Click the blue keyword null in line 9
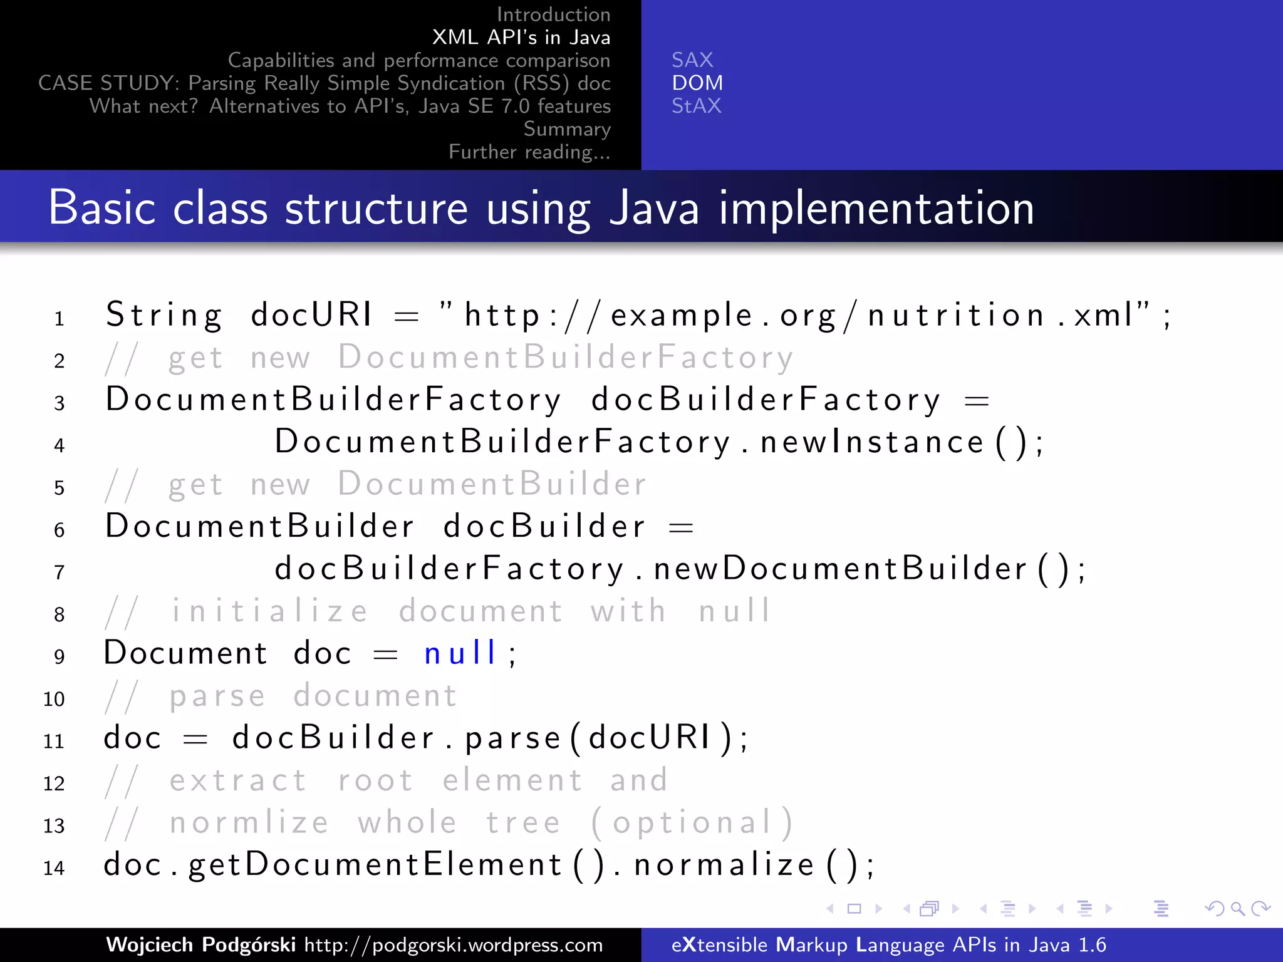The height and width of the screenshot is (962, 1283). click(x=460, y=653)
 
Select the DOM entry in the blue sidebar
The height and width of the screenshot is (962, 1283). click(x=697, y=83)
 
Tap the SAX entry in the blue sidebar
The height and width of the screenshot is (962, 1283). click(x=692, y=60)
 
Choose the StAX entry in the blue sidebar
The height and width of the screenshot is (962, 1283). click(x=697, y=106)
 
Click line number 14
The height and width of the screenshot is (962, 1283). click(x=54, y=868)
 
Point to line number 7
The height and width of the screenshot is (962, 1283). click(x=59, y=572)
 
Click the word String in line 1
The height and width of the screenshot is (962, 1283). click(x=164, y=315)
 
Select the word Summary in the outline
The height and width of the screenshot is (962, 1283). click(x=567, y=129)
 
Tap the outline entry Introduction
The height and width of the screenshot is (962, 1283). click(x=553, y=14)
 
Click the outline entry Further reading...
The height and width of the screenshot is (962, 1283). click(x=529, y=152)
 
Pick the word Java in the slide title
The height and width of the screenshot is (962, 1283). click(x=654, y=209)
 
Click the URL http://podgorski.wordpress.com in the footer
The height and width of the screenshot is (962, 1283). click(x=454, y=945)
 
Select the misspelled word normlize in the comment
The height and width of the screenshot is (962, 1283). click(x=249, y=823)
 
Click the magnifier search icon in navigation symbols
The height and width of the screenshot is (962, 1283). click(x=1237, y=909)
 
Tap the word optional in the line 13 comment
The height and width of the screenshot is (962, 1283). click(x=692, y=823)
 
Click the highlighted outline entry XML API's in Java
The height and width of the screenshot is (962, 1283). click(x=521, y=38)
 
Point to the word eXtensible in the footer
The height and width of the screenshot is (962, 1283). click(x=719, y=944)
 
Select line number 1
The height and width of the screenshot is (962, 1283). click(x=59, y=319)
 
